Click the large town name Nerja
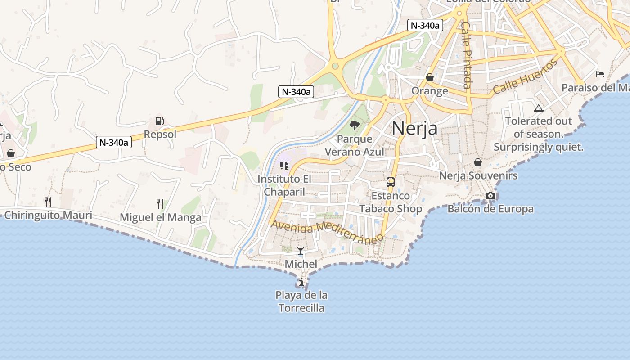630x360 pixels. click(414, 128)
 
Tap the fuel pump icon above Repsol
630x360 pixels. click(159, 121)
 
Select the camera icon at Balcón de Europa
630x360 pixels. click(490, 195)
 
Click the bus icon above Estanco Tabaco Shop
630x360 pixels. click(391, 182)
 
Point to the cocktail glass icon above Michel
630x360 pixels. click(301, 251)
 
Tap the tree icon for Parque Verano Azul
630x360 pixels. click(355, 126)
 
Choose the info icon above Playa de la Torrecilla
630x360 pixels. click(301, 282)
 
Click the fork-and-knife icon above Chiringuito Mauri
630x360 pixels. click(48, 201)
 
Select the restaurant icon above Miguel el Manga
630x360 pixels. click(160, 203)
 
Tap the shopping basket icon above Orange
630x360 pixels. click(430, 77)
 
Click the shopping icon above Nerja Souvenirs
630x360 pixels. click(478, 162)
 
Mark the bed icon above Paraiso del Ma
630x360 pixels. click(599, 74)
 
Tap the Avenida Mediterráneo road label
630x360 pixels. click(327, 231)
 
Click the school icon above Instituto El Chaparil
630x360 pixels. click(284, 166)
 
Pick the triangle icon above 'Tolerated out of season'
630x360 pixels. click(538, 108)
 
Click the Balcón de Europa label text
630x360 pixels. click(490, 209)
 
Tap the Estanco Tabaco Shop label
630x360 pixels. click(391, 202)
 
